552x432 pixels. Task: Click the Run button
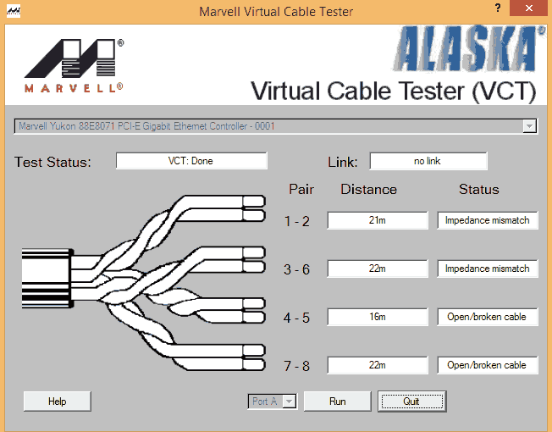click(337, 401)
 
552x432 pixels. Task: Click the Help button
click(57, 401)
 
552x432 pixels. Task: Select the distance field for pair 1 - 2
click(378, 220)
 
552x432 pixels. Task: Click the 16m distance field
click(378, 317)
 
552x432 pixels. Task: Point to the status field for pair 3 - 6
click(487, 269)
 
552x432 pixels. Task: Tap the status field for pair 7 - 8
click(487, 365)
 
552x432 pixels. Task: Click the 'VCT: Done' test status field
click(190, 161)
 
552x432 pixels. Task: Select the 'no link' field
click(428, 161)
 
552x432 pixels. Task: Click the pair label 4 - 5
click(297, 318)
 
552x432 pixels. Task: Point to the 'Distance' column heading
click(368, 190)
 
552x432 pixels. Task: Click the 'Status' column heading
click(478, 190)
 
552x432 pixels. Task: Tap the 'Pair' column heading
click(301, 190)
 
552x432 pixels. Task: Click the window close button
click(530, 11)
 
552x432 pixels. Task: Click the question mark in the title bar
click(497, 9)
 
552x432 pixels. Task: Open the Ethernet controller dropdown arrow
click(529, 126)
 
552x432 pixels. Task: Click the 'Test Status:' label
click(52, 162)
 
